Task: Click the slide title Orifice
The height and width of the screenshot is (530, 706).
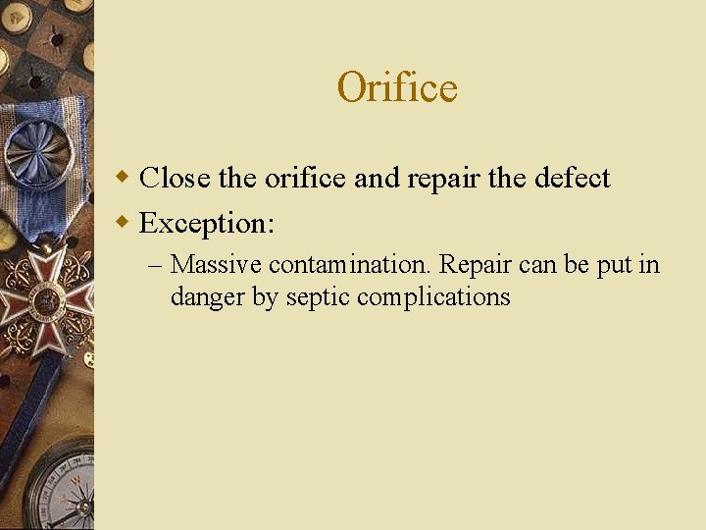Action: pyautogui.click(x=396, y=87)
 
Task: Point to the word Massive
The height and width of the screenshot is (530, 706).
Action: pyautogui.click(x=216, y=265)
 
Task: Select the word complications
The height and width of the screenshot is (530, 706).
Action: pyautogui.click(x=433, y=296)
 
